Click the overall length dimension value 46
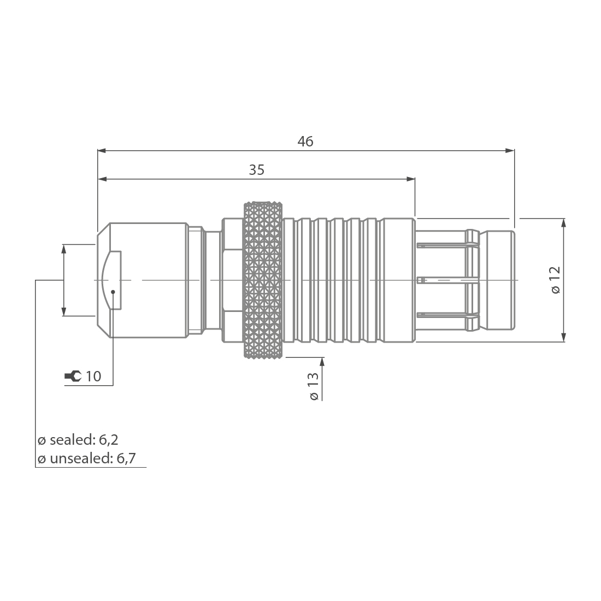click(305, 141)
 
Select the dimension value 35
click(257, 170)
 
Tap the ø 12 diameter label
click(555, 280)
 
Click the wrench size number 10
click(93, 376)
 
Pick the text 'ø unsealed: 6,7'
click(86, 459)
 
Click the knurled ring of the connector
click(263, 280)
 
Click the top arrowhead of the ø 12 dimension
click(563, 223)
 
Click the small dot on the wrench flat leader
click(113, 291)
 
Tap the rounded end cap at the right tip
click(500, 280)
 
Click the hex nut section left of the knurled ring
click(232, 280)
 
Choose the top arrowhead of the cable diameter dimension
click(64, 249)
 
